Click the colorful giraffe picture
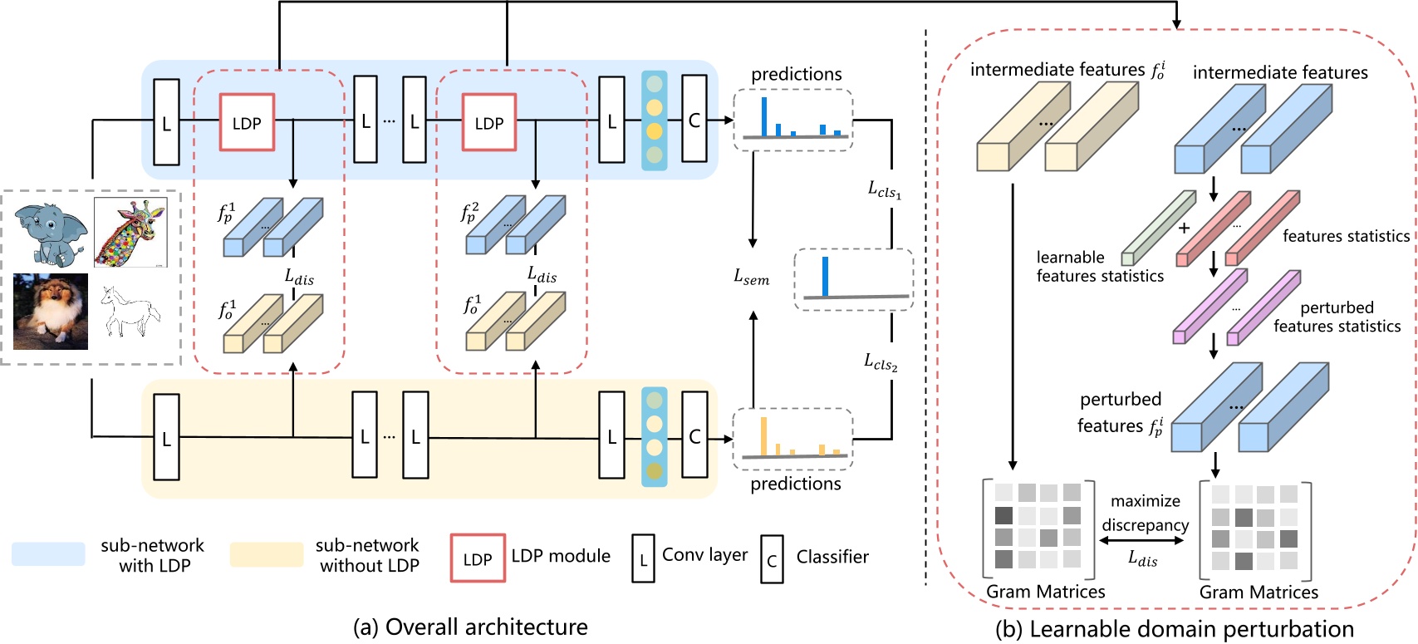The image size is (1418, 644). [130, 232]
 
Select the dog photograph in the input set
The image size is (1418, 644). [51, 312]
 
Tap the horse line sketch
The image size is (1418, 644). [130, 312]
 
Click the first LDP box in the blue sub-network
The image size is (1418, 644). [247, 123]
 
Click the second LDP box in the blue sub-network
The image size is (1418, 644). [489, 123]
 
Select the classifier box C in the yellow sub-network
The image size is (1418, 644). [694, 436]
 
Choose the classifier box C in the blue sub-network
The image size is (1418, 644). [694, 120]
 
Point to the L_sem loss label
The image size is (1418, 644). [751, 278]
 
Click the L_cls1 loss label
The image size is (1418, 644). [885, 190]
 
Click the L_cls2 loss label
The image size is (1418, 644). [881, 361]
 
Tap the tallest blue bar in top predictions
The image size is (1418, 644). [764, 116]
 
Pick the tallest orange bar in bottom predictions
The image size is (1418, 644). [763, 436]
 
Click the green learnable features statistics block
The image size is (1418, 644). [1158, 229]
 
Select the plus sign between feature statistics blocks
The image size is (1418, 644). [1184, 228]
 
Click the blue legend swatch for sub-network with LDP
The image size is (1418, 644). [48, 554]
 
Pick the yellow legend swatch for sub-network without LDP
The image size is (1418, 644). [267, 554]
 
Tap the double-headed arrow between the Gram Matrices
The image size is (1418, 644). [1142, 541]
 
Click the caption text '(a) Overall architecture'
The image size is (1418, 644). [470, 627]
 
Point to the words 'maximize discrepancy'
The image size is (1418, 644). [1145, 513]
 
